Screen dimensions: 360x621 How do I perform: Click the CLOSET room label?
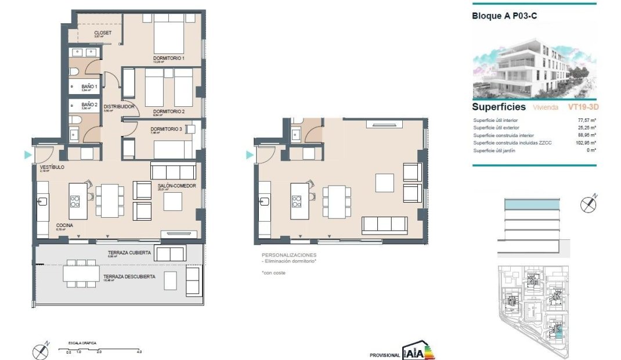pyautogui.click(x=102, y=33)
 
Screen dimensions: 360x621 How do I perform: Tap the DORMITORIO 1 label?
pyautogui.click(x=169, y=59)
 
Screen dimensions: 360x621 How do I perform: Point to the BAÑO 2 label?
pyautogui.click(x=89, y=105)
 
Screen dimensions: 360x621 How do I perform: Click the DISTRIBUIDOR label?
pyautogui.click(x=119, y=107)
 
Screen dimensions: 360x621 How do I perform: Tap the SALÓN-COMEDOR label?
pyautogui.click(x=176, y=186)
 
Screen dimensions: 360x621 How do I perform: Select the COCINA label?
pyautogui.click(x=64, y=225)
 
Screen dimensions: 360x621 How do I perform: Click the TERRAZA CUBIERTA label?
pyautogui.click(x=129, y=253)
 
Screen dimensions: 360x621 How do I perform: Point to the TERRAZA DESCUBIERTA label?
pyautogui.click(x=129, y=277)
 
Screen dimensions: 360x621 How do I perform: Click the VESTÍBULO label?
pyautogui.click(x=52, y=167)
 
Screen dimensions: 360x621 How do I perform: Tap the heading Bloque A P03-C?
pyautogui.click(x=504, y=16)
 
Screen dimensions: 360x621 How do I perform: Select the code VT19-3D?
pyautogui.click(x=582, y=107)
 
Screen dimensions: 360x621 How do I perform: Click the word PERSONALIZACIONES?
pyautogui.click(x=289, y=255)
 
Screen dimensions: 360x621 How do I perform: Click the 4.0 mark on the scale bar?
pyautogui.click(x=139, y=352)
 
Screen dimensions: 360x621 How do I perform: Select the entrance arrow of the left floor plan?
pyautogui.click(x=27, y=155)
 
